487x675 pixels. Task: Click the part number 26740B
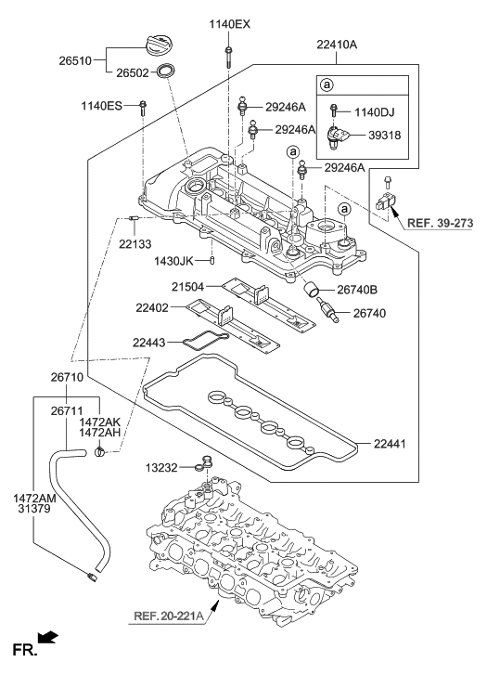pyautogui.click(x=357, y=290)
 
